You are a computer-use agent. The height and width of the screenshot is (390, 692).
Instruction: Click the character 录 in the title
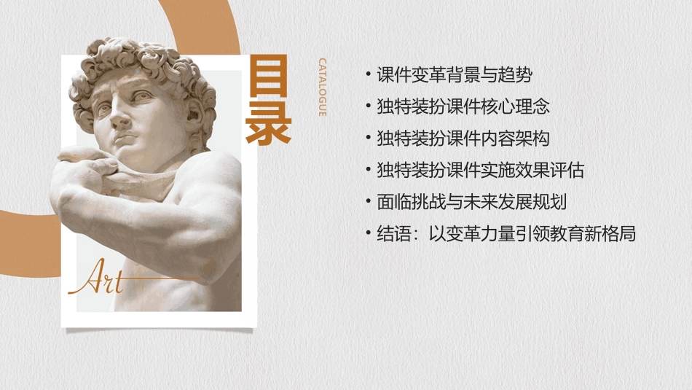[x=269, y=126]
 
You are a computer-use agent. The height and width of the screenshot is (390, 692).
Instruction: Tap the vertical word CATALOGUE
[x=322, y=87]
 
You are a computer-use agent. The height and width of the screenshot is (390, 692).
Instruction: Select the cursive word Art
[x=95, y=278]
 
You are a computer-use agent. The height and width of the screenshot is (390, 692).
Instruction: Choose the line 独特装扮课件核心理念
[x=463, y=106]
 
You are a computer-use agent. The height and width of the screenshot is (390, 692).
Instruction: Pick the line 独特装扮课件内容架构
[x=463, y=139]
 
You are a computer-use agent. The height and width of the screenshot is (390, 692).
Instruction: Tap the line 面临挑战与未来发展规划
[x=471, y=202]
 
